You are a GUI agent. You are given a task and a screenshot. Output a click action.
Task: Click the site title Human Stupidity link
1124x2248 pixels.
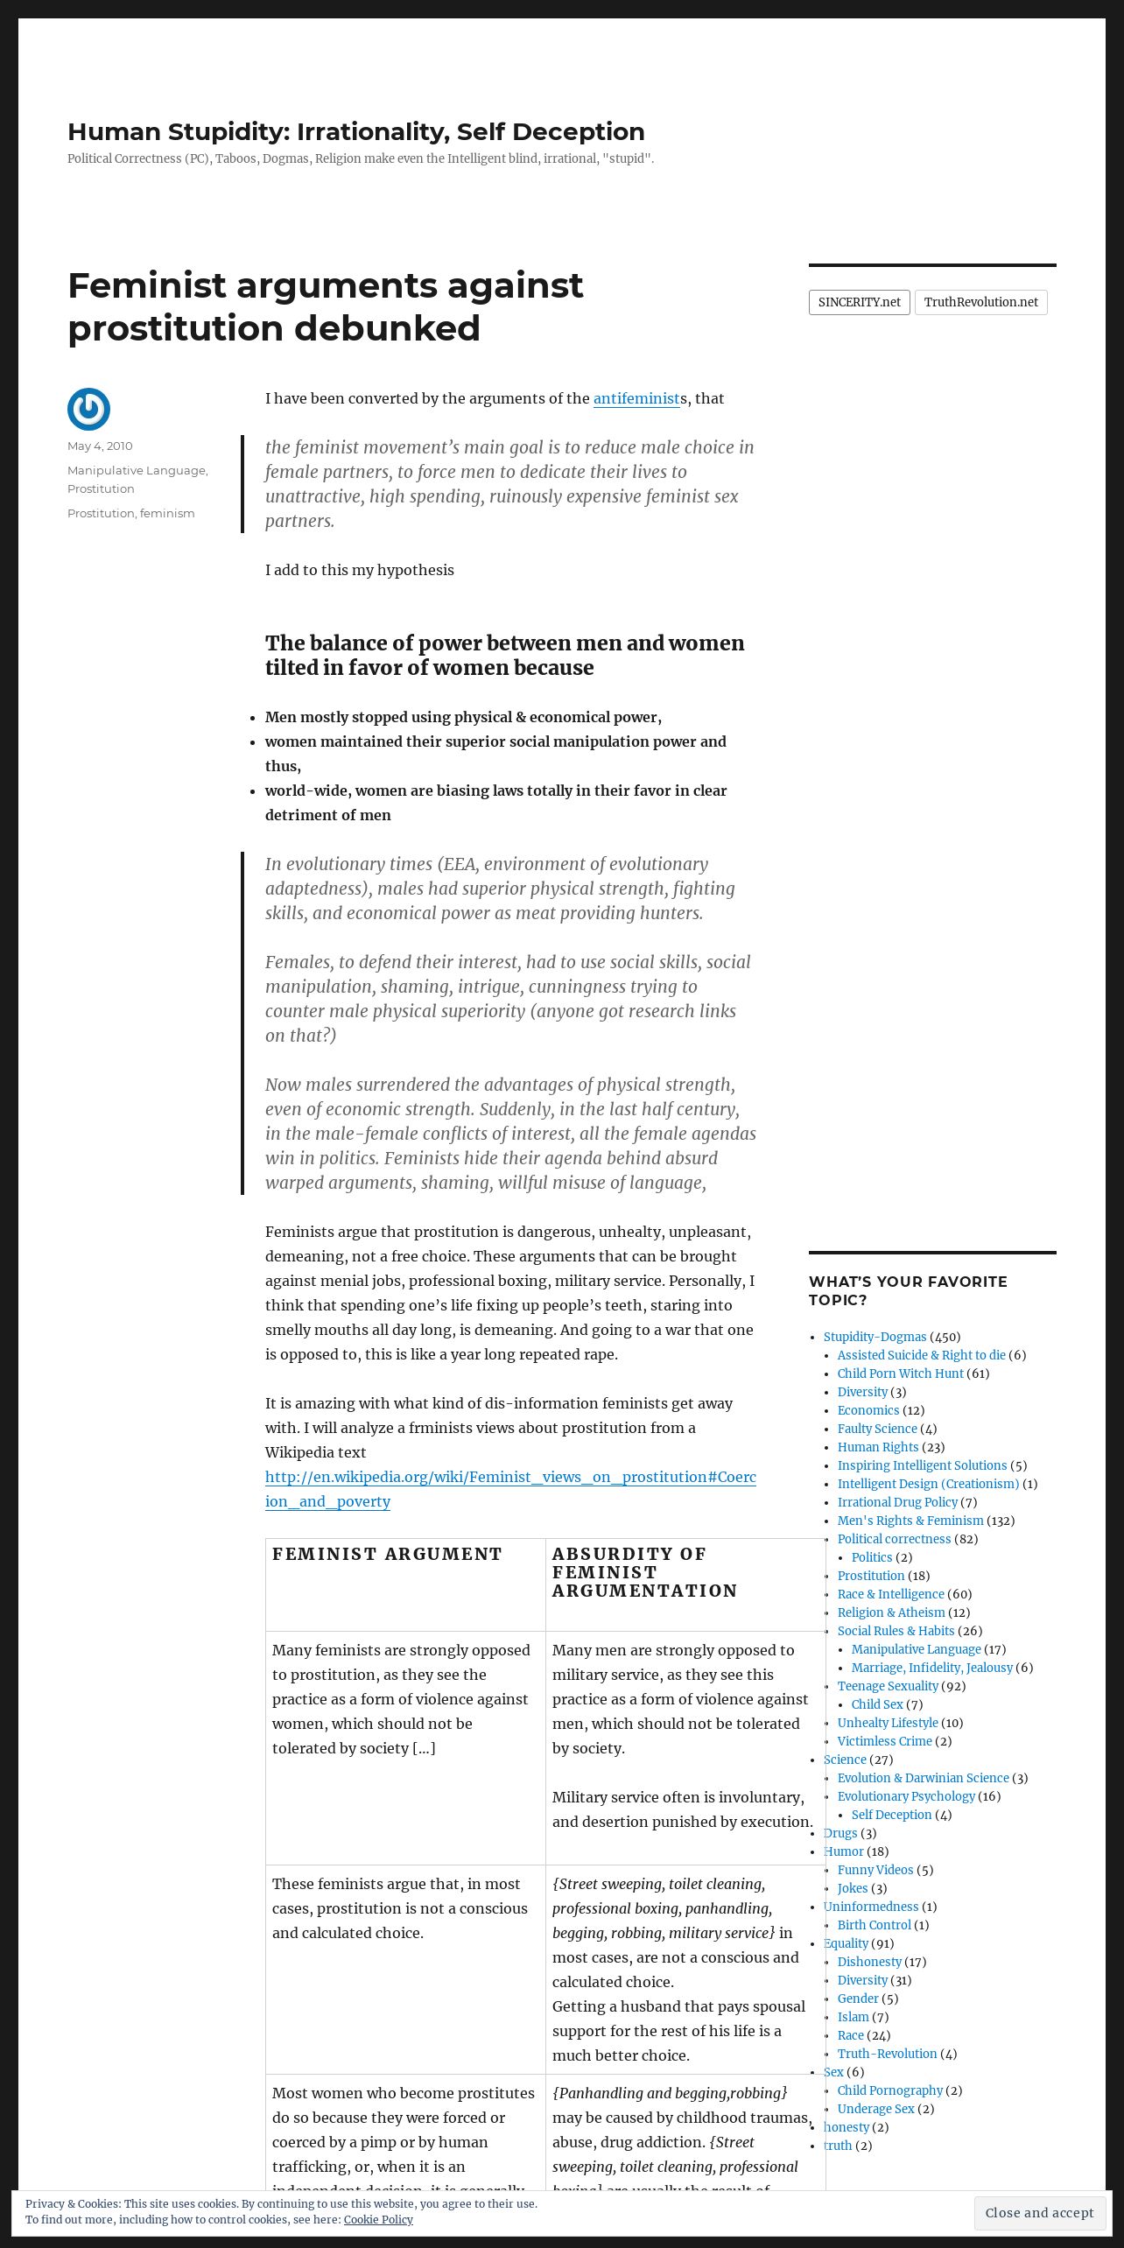tap(355, 131)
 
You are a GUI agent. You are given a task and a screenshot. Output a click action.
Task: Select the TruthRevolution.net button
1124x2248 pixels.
tap(980, 302)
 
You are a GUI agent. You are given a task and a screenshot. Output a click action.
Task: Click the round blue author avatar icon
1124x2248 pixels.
tap(88, 409)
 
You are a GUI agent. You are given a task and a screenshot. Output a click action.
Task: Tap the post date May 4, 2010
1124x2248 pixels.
tap(100, 446)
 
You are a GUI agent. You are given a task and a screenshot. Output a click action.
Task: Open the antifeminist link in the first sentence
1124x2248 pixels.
tap(636, 398)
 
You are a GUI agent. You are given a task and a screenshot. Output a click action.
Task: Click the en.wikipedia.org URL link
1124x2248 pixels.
tap(510, 1489)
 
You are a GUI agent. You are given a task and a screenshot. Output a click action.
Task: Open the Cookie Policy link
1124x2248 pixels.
tap(378, 2219)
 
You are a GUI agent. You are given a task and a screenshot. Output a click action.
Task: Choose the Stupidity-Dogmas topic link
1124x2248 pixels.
tap(875, 1337)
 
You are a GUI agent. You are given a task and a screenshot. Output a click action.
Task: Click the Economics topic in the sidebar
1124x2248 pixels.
tap(868, 1410)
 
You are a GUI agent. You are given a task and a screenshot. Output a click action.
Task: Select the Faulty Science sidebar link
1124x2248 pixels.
tap(876, 1429)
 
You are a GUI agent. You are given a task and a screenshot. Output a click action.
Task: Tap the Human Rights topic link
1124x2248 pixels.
tap(877, 1447)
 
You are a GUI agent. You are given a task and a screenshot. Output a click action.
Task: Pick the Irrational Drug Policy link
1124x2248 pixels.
tap(897, 1502)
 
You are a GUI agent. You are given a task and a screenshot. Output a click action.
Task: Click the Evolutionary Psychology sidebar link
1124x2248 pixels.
tap(905, 1796)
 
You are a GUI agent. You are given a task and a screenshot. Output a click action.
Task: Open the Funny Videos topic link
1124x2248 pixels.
tap(875, 1870)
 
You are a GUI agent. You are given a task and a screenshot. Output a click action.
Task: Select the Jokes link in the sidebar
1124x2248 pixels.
tap(852, 1888)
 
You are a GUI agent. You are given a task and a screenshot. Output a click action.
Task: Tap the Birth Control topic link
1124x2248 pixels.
tap(874, 1925)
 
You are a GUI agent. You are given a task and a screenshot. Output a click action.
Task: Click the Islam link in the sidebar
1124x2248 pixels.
tap(853, 2017)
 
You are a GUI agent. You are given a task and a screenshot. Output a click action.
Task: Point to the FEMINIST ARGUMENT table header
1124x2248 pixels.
tap(387, 1554)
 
